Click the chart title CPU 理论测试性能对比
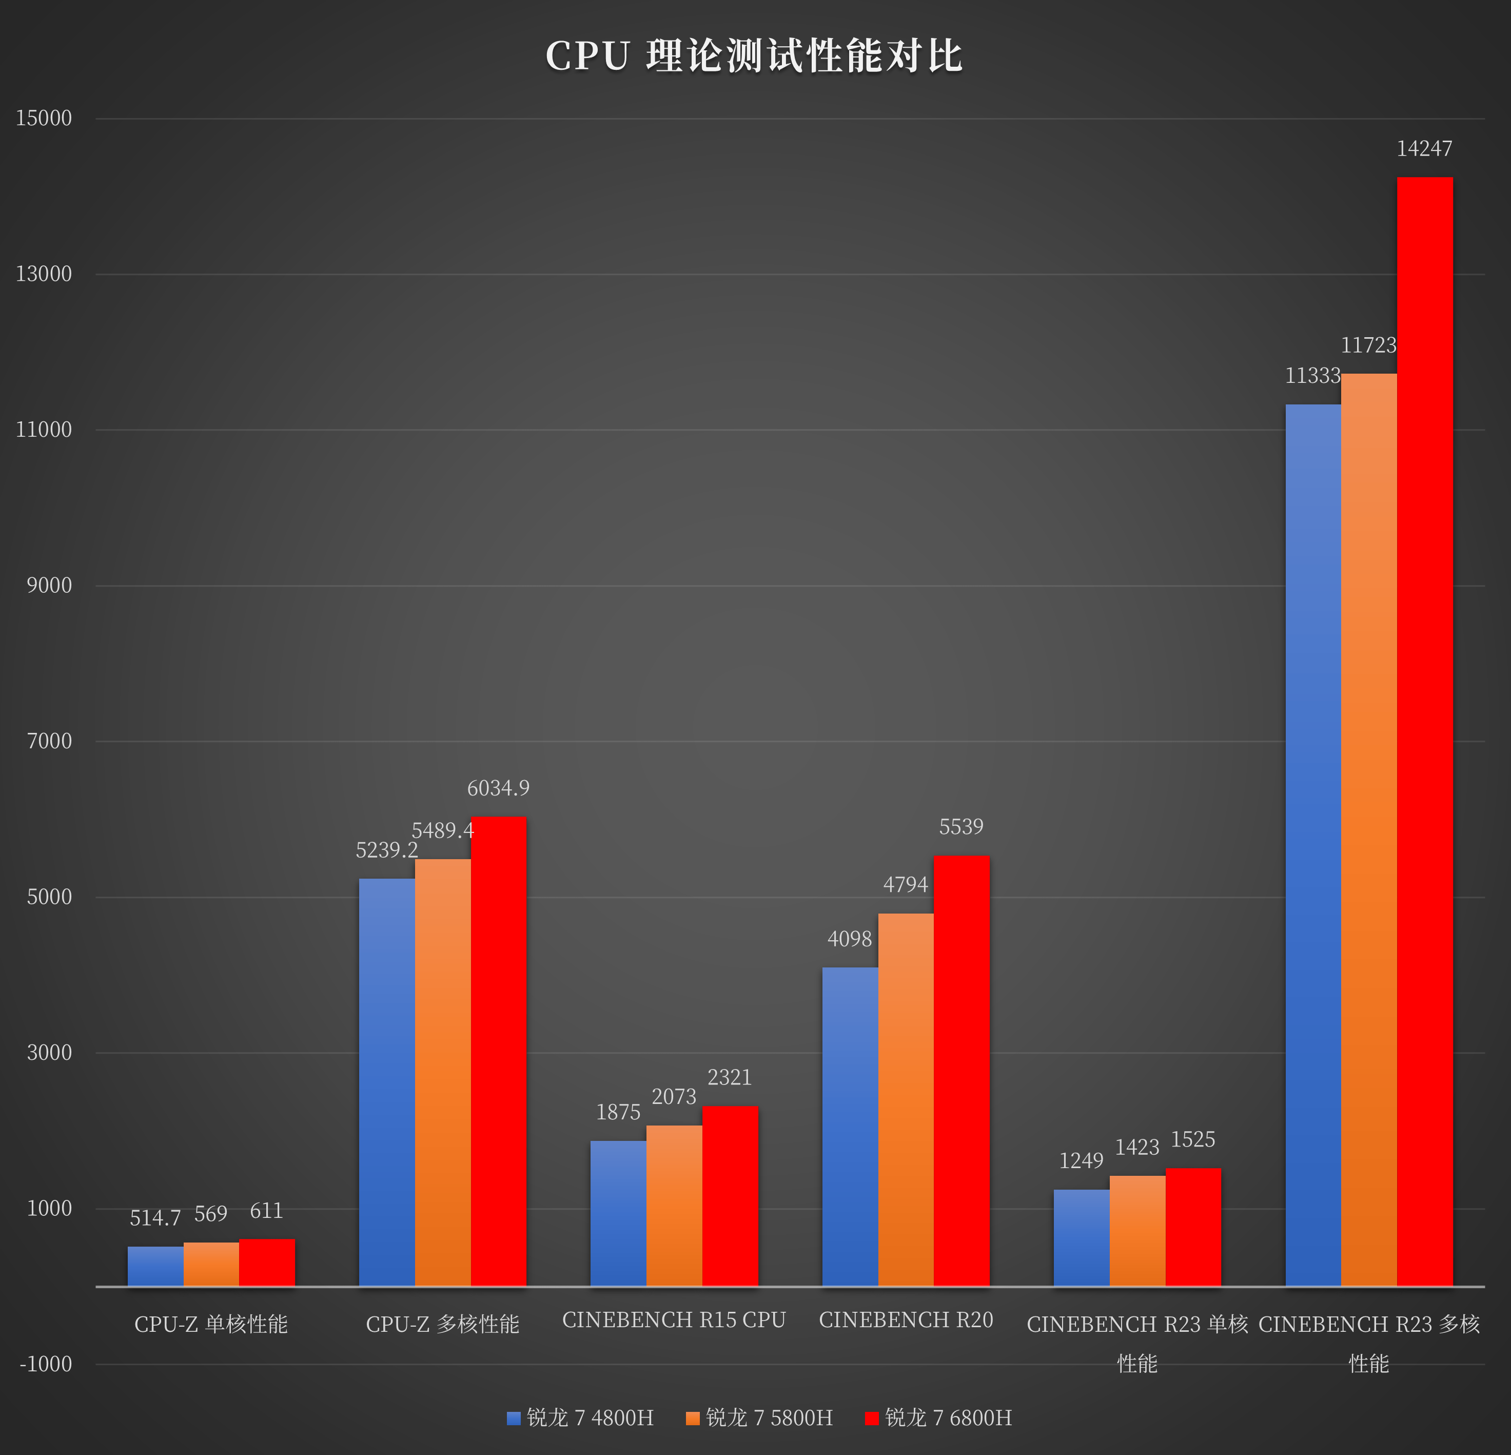(x=754, y=56)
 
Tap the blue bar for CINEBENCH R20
(x=850, y=1126)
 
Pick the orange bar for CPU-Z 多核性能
(x=442, y=1072)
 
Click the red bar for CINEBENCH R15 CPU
(x=730, y=1196)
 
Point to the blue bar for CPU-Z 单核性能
(x=155, y=1266)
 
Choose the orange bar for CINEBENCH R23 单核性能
(x=1137, y=1231)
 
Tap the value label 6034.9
(x=498, y=788)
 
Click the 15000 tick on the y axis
(x=44, y=118)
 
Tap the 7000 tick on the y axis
(x=49, y=741)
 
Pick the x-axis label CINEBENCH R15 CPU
(x=674, y=1320)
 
